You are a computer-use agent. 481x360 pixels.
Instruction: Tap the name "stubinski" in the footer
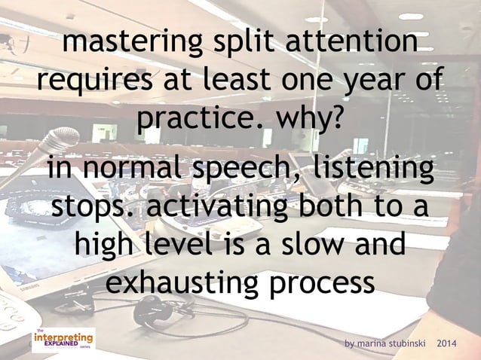coord(405,343)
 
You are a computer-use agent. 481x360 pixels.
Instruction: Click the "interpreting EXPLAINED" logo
coord(63,340)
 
